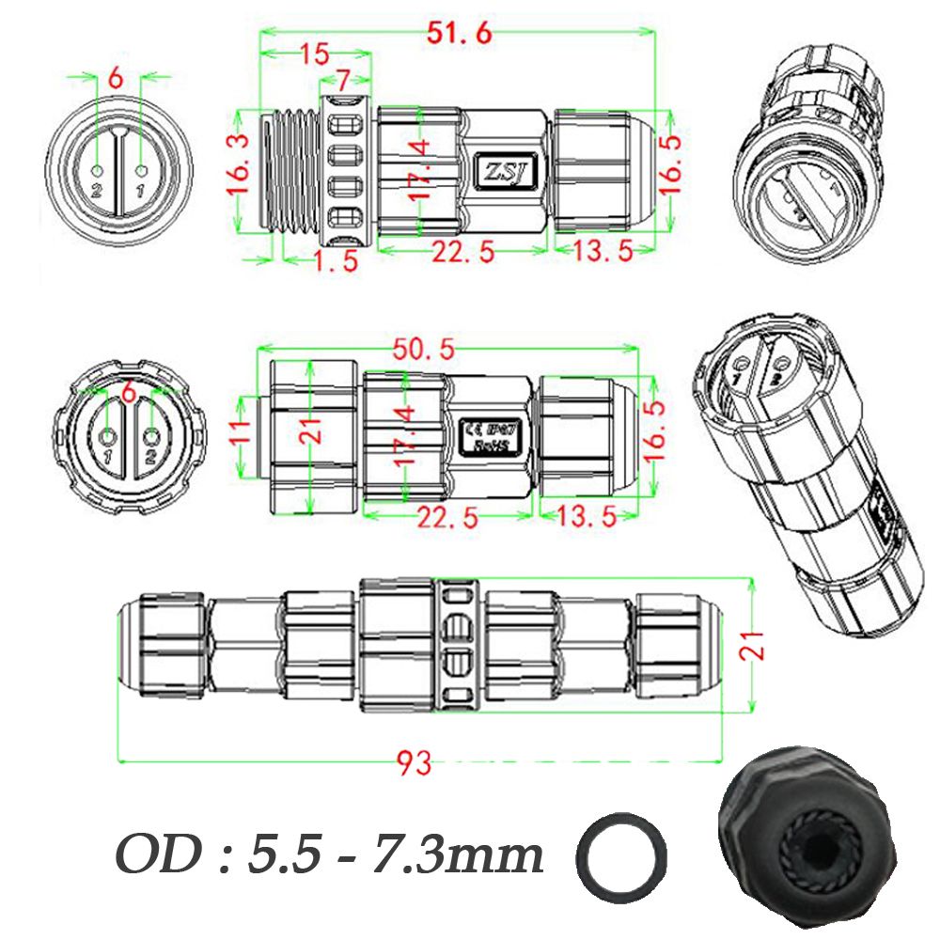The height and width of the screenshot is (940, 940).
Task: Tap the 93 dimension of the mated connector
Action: [415, 763]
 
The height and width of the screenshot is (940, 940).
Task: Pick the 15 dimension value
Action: [314, 54]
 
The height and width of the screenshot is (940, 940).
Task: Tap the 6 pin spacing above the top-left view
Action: [115, 79]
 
